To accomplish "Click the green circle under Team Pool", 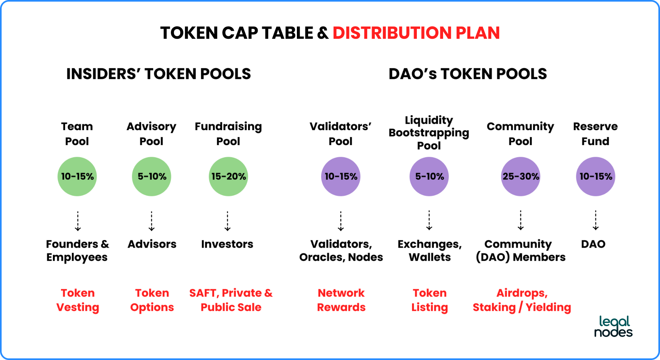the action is click(x=77, y=176).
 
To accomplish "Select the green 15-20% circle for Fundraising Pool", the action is click(x=228, y=176).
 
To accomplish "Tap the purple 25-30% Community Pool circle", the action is click(x=521, y=176).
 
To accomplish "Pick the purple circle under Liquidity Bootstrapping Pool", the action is click(x=429, y=176).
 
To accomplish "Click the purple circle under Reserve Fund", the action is click(x=595, y=176).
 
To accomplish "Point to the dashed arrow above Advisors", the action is click(x=151, y=221).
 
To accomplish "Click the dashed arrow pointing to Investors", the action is click(x=227, y=221).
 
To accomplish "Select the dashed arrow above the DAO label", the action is click(x=595, y=220).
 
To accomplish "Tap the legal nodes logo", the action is click(x=613, y=326).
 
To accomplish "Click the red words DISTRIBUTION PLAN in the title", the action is click(x=416, y=32).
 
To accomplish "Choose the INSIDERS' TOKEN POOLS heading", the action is click(x=158, y=74).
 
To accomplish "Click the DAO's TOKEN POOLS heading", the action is click(x=468, y=74).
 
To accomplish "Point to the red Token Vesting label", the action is click(x=78, y=300).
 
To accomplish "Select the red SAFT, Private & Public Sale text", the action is click(x=231, y=300).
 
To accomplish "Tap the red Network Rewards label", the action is click(x=341, y=300).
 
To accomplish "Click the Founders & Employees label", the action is click(x=77, y=251).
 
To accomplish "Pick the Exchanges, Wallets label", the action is click(x=430, y=251).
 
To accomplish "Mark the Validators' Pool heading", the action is click(x=341, y=134).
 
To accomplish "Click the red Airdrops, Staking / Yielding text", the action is click(x=522, y=300).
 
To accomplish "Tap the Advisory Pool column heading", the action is click(x=151, y=134).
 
